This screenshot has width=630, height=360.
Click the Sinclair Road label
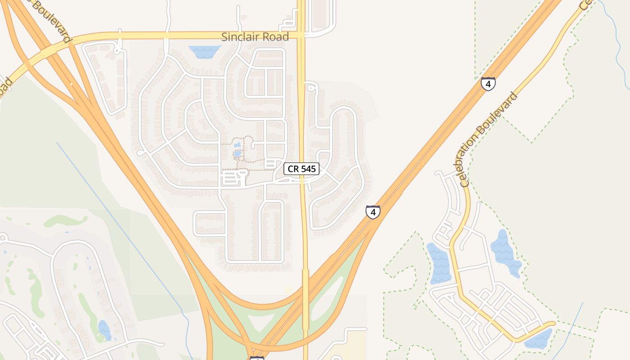[x=255, y=37]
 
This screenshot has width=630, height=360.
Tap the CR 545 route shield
[x=301, y=169]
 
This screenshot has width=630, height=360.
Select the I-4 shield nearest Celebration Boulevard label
[x=488, y=84]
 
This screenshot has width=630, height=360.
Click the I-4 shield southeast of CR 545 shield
[x=373, y=211]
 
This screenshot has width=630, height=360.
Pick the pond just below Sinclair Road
[x=204, y=51]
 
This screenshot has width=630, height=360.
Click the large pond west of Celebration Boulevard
[x=439, y=264]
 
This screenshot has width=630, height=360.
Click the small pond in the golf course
[x=104, y=330]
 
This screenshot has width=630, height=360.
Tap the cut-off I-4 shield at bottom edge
[x=256, y=358]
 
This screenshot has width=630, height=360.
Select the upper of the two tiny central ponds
[x=237, y=145]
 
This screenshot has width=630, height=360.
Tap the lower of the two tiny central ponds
[x=237, y=154]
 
